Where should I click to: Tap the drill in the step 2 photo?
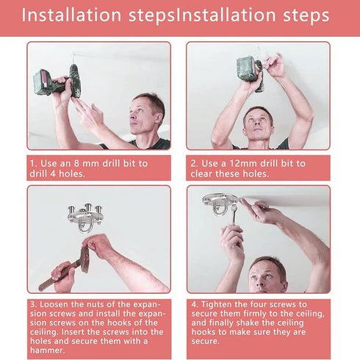[251, 72]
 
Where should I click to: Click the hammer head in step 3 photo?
[85, 259]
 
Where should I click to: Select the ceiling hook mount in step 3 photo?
[86, 217]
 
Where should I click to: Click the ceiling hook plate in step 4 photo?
[220, 204]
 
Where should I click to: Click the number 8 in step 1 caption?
[75, 163]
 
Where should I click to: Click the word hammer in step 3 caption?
[48, 350]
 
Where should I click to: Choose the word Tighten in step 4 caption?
[216, 304]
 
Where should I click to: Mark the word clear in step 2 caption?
[201, 173]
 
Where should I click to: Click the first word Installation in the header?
[71, 15]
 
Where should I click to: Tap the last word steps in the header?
[306, 16]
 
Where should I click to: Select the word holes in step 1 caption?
[71, 173]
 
